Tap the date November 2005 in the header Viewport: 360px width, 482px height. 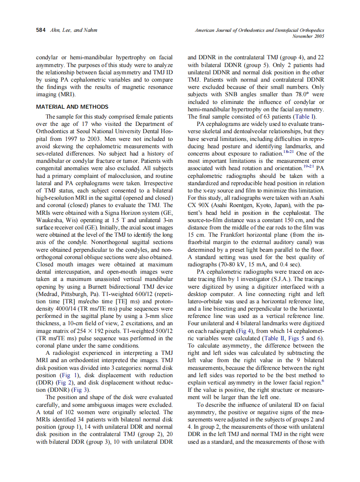[308, 36]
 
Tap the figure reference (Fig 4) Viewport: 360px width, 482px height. [256, 331]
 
